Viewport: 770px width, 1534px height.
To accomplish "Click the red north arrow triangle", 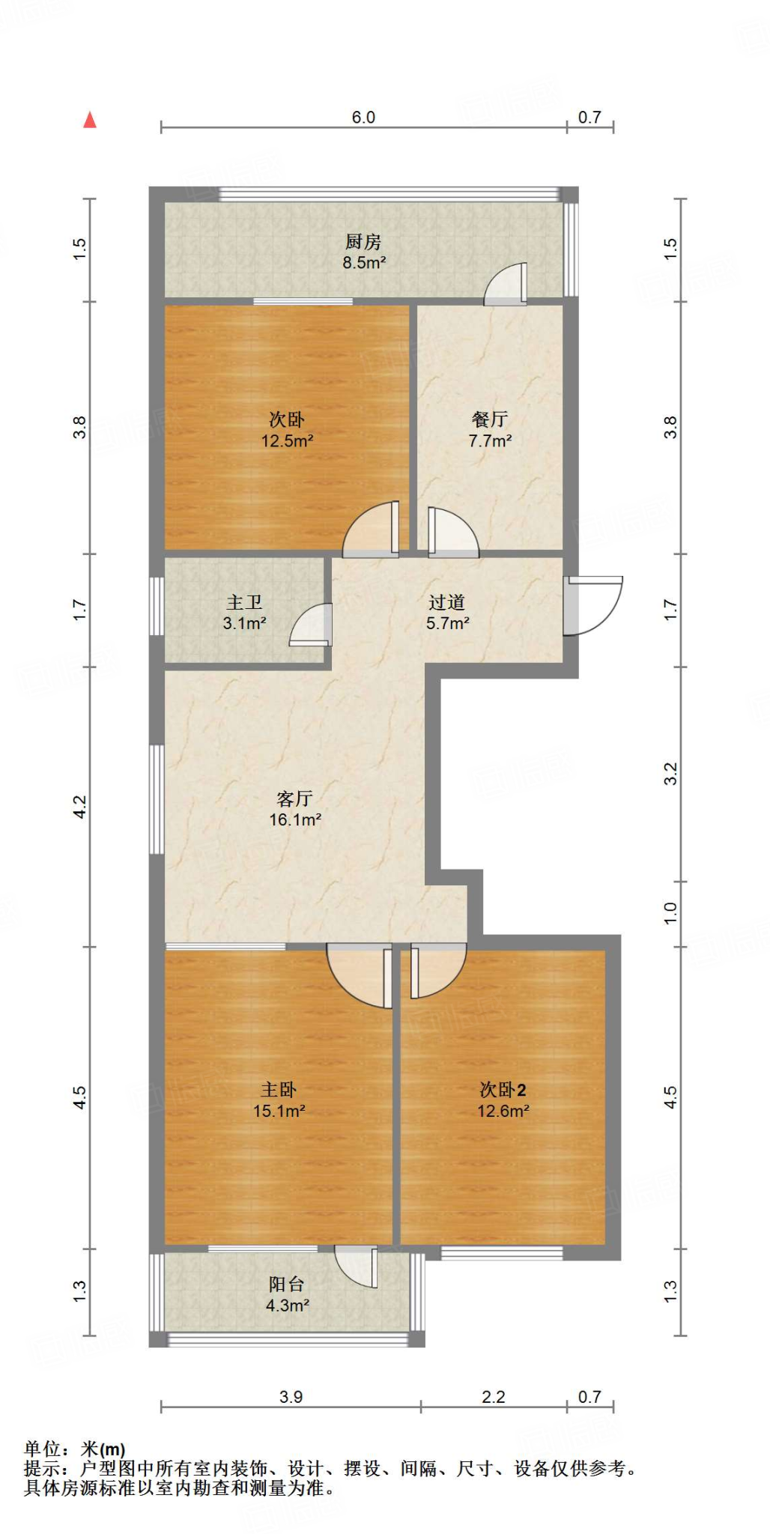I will (x=90, y=120).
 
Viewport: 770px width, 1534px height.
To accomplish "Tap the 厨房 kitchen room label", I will (x=363, y=242).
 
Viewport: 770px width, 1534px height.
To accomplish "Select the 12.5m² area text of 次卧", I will (x=287, y=441).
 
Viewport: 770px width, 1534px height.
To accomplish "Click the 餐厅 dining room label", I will (x=490, y=419).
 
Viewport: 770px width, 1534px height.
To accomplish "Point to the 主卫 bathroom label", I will (x=244, y=602).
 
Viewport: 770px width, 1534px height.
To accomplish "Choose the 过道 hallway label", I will (x=447, y=602).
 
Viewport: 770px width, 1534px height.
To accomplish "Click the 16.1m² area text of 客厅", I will (x=295, y=820).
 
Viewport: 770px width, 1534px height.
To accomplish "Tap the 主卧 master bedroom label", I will (x=279, y=1090).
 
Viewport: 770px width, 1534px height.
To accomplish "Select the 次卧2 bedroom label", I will (x=503, y=1090).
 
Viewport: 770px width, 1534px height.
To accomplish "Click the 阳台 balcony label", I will (x=287, y=1284).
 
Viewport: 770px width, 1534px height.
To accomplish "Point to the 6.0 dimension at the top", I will (x=363, y=118).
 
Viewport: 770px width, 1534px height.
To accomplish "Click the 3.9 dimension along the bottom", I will (x=291, y=1397).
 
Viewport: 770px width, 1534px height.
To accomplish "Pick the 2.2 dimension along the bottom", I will (x=494, y=1397).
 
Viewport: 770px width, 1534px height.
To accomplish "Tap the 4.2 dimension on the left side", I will (x=80, y=807).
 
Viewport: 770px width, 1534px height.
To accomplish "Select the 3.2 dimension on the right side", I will (x=670, y=773).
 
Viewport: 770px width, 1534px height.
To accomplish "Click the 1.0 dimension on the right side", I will (x=670, y=913).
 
